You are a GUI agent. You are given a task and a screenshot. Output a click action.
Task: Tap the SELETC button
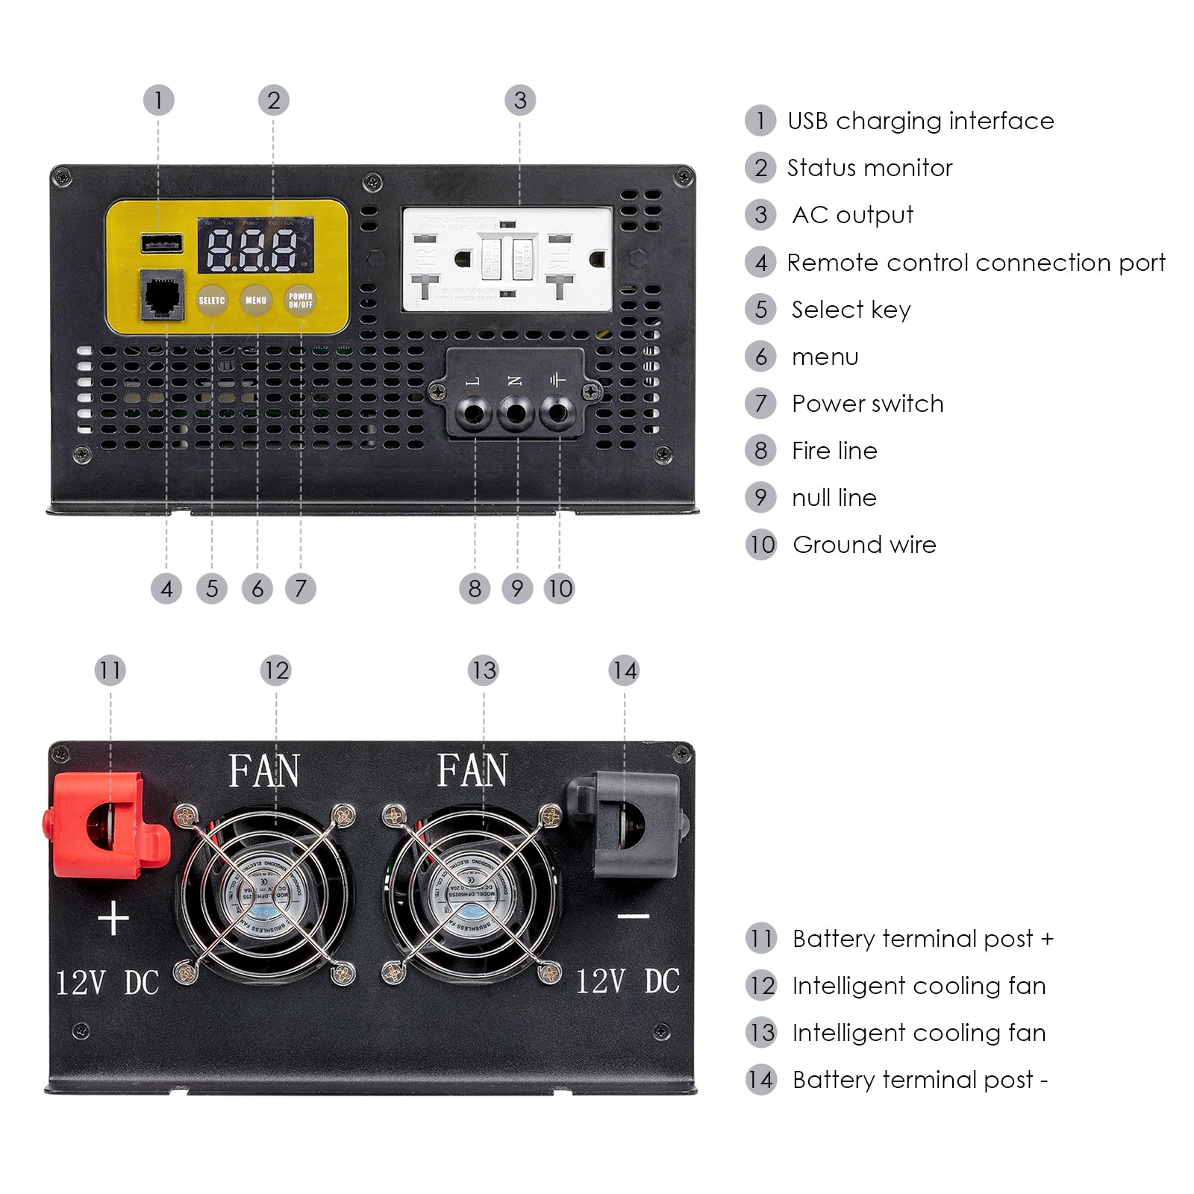coord(212,300)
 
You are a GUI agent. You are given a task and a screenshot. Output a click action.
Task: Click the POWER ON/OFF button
coord(300,300)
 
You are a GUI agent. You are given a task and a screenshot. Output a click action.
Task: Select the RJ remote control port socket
coord(163,295)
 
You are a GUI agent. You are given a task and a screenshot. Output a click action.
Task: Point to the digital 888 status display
coord(255,247)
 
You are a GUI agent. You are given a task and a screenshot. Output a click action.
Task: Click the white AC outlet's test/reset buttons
coord(507,258)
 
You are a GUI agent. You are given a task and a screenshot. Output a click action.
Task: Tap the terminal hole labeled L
coord(474,412)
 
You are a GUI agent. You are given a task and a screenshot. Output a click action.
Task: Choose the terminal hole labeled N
coord(516,412)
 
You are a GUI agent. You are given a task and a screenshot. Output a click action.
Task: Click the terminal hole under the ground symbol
coord(557,412)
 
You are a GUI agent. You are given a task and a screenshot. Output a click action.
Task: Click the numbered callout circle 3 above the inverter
coord(520,101)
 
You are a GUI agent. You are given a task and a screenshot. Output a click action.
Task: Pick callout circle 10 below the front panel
coord(560,589)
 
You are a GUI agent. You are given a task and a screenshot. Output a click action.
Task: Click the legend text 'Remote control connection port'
coord(976,263)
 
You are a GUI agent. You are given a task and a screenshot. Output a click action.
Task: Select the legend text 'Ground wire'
coord(864,545)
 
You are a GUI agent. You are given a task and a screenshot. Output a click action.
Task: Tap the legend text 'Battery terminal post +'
coord(922,939)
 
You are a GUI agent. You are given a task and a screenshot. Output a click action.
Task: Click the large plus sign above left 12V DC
coord(113,918)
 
